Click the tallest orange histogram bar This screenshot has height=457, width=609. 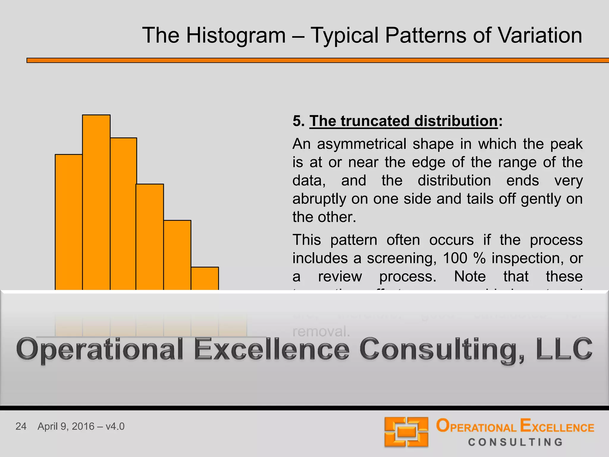tap(96, 202)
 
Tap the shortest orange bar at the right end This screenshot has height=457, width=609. tap(205, 278)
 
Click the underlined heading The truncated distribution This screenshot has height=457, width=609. tap(404, 121)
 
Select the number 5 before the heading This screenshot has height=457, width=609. tap(297, 121)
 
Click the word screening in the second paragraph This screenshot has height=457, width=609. tap(401, 258)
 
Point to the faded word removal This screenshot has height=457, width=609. tap(321, 331)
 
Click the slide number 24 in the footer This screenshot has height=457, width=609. tap(21, 426)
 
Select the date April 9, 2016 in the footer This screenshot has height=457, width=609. tap(66, 426)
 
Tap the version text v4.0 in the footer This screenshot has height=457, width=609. tap(115, 426)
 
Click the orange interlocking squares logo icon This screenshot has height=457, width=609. tap(406, 432)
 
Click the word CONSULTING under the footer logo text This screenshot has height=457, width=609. tap(515, 442)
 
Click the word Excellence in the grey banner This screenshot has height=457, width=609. tap(272, 349)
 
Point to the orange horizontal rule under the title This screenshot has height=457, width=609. tap(318, 60)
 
